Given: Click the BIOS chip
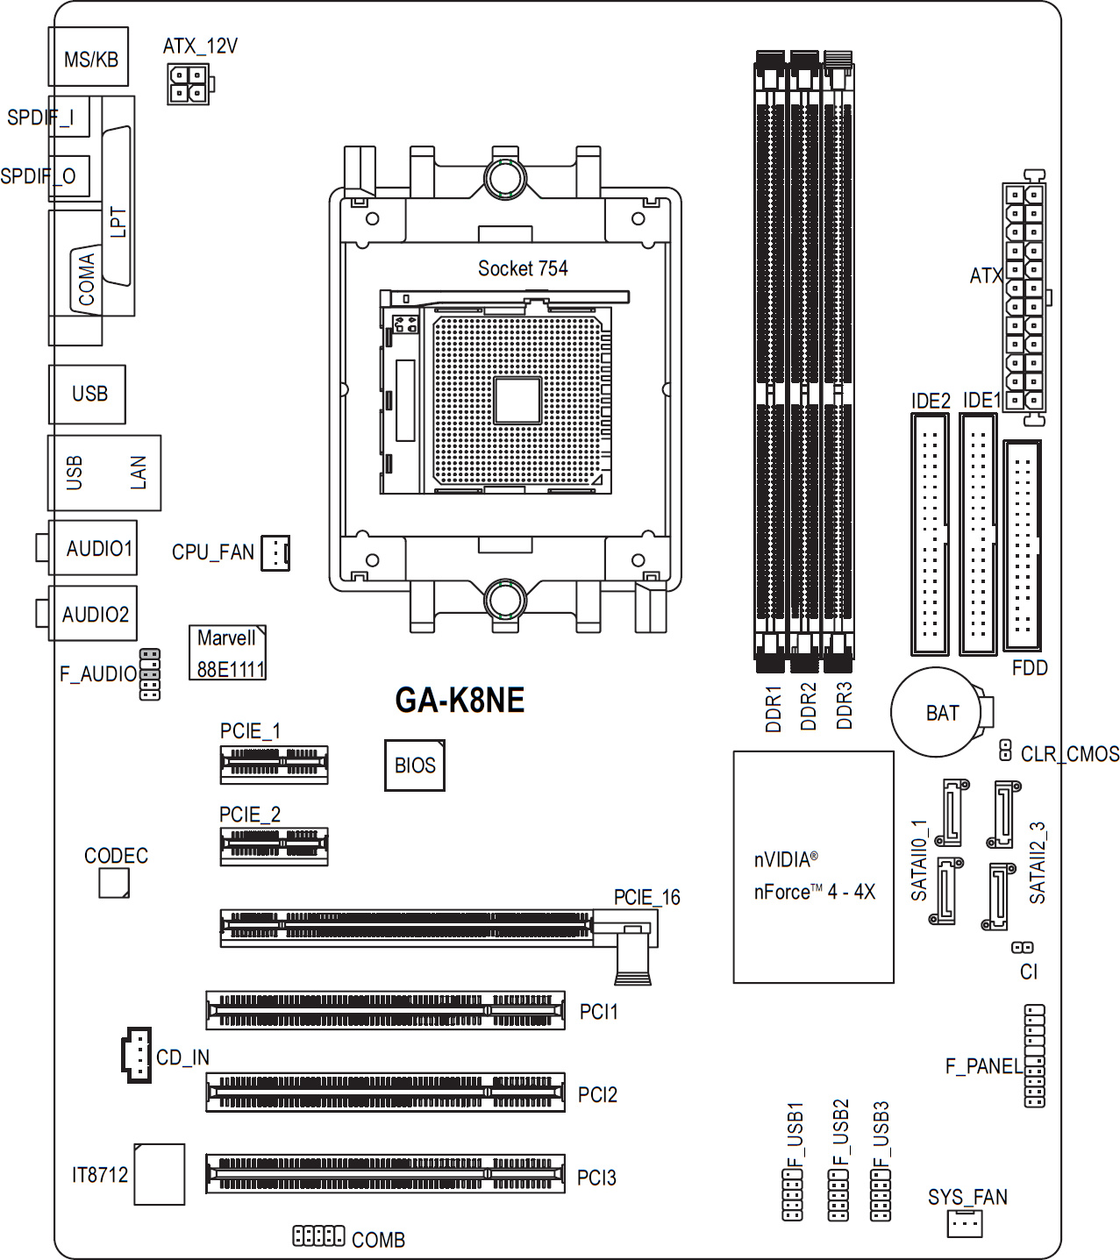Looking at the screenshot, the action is [414, 765].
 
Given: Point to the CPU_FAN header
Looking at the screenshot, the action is [275, 553].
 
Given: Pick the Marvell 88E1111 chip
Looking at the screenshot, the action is [228, 652].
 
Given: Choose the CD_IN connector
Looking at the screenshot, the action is [137, 1055].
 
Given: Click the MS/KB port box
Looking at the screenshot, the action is [89, 57].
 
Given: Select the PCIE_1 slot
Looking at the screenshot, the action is [274, 765].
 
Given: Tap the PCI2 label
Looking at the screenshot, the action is [597, 1094].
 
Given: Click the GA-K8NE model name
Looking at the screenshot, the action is [460, 700].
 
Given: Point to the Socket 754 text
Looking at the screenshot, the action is [523, 268].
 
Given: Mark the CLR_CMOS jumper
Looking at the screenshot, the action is [1004, 751].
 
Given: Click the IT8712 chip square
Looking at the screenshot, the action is [160, 1174].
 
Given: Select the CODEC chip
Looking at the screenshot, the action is [114, 882].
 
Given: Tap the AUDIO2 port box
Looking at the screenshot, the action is [93, 613].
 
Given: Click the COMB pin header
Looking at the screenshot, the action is [318, 1235].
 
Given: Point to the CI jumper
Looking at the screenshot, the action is [1023, 947].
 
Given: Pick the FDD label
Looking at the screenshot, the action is [1030, 668].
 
